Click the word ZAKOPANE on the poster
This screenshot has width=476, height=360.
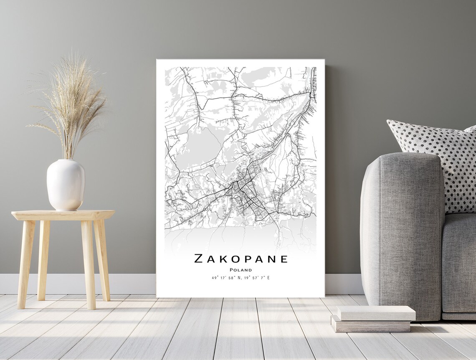(x=241, y=259)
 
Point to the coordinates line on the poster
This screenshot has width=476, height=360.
(x=241, y=277)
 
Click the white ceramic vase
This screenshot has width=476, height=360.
(x=66, y=185)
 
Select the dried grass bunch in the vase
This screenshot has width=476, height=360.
(x=71, y=104)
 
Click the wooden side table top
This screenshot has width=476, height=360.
(x=63, y=215)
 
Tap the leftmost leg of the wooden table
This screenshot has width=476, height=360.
(x=25, y=263)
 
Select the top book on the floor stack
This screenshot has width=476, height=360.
(x=376, y=313)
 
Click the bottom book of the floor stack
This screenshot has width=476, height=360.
(x=371, y=325)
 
